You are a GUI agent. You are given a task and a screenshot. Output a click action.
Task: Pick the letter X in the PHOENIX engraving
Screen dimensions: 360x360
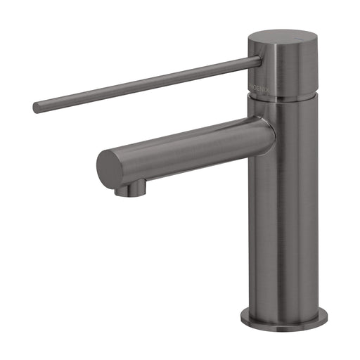coord(266,86)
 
